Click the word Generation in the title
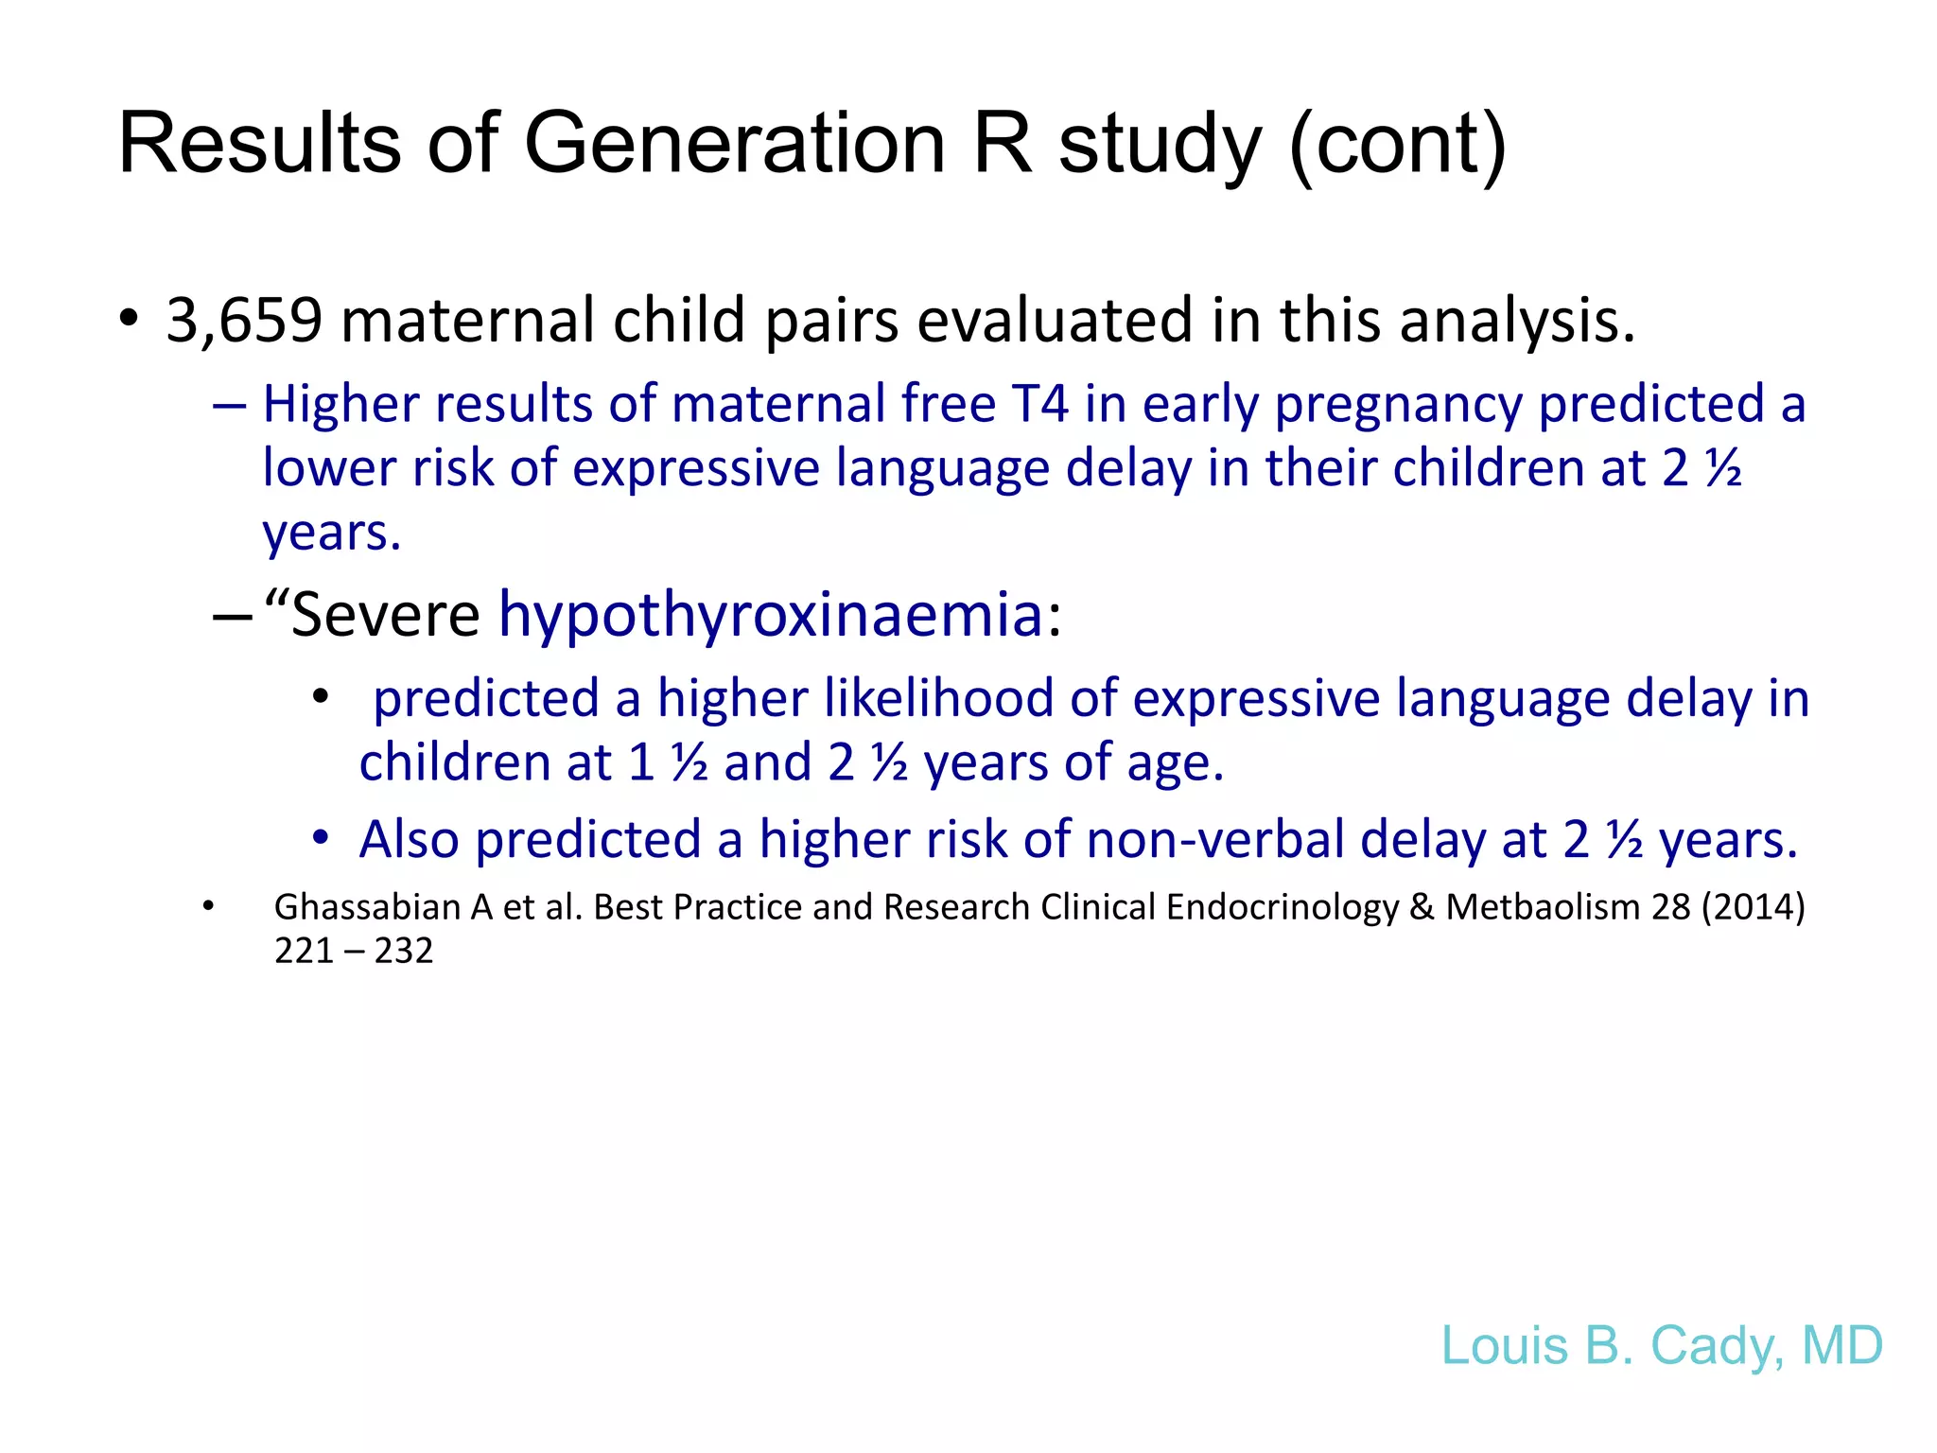[x=734, y=144]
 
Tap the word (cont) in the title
[x=1398, y=144]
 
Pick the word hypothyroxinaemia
[x=771, y=615]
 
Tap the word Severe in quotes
[x=385, y=615]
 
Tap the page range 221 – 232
[x=354, y=950]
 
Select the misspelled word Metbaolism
[x=1543, y=907]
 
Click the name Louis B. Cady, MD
[x=1662, y=1345]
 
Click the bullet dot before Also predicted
[x=321, y=838]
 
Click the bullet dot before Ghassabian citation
[x=208, y=906]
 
